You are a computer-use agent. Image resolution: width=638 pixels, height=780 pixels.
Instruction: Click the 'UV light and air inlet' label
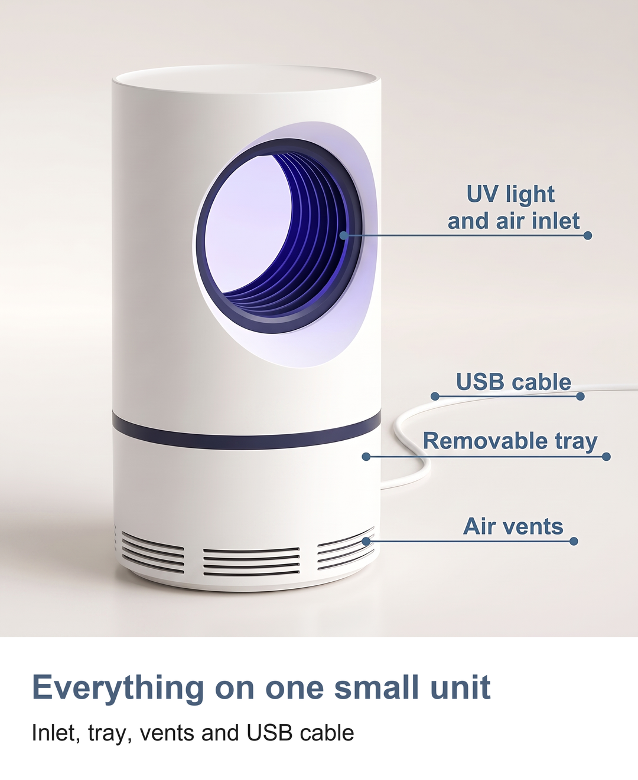coord(513,207)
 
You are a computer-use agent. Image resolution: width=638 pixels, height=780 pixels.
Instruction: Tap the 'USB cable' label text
coord(513,382)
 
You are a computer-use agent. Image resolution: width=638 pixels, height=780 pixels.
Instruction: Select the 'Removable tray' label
coord(510,441)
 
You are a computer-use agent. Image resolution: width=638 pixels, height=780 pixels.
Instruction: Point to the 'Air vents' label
coord(513,526)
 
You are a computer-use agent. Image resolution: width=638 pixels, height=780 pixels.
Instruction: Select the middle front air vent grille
coord(252,562)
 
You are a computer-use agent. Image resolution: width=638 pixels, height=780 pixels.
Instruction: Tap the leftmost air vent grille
coord(152,553)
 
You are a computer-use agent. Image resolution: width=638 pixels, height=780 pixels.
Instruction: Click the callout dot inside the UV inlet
coord(344,235)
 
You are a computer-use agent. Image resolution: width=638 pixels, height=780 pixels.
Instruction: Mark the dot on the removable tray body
coord(366,457)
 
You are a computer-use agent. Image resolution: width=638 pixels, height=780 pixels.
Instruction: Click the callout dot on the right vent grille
coord(366,542)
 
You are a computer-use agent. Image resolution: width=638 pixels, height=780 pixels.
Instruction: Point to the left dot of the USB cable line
coord(435,396)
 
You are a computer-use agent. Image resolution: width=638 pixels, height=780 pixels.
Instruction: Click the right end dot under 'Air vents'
coord(574,542)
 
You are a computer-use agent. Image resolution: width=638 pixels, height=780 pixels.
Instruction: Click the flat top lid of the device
coord(246,79)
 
